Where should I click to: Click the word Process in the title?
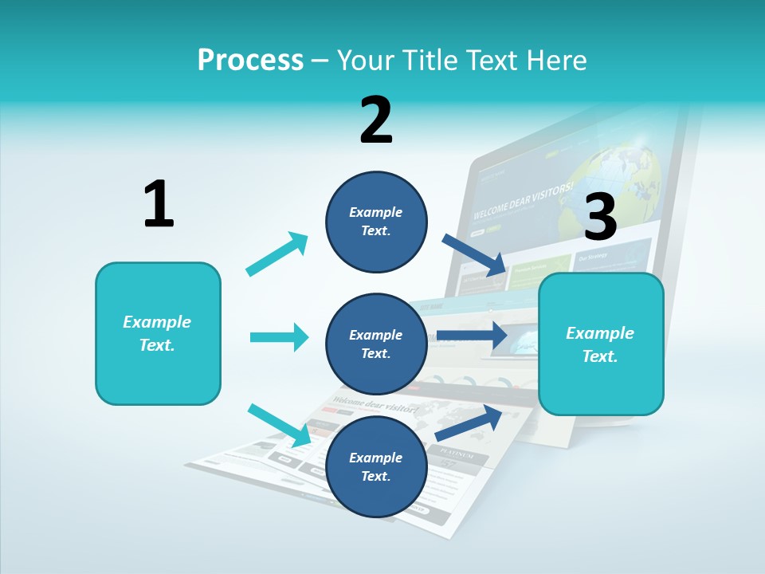[250, 60]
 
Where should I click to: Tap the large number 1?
[159, 204]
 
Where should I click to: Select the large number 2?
[376, 120]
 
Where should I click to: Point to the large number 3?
[600, 217]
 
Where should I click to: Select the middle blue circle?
[376, 344]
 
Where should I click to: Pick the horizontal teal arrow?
[280, 337]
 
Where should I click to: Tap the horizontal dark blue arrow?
[472, 336]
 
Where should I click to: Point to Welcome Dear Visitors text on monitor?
[523, 201]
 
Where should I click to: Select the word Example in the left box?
[157, 322]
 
